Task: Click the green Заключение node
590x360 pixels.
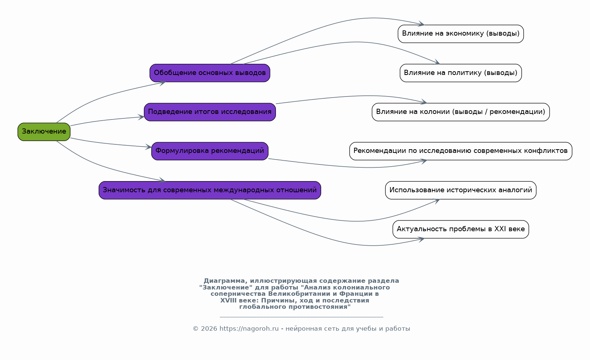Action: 44,132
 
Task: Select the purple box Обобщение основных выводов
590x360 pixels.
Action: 210,73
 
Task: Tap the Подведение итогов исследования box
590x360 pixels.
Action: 210,112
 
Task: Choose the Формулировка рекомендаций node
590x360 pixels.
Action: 210,151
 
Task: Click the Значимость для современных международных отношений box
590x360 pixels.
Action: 210,190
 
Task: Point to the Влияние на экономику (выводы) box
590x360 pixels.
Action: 461,34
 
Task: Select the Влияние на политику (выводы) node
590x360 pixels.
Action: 461,73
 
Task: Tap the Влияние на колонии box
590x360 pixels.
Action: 461,112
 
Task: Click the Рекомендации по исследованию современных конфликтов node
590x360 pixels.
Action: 461,151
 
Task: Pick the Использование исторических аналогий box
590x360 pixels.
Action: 461,190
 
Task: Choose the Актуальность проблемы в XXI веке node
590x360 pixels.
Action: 461,229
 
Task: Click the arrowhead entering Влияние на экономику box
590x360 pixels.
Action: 421,24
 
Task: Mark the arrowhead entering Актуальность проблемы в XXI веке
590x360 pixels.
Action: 421,239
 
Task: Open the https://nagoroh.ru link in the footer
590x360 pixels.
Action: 249,328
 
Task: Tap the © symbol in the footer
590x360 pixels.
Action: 195,328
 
